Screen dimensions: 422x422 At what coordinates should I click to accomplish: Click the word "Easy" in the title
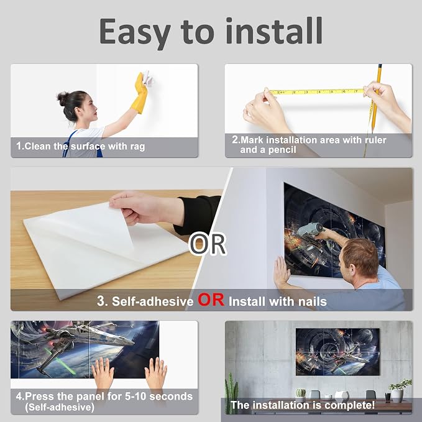tap(135, 32)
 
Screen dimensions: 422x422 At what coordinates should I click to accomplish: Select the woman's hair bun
tap(62, 98)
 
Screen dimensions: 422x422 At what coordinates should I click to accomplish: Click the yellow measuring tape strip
tap(316, 91)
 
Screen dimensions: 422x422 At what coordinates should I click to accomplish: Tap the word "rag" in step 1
tap(137, 147)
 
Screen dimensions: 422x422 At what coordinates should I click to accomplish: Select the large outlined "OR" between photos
tap(207, 244)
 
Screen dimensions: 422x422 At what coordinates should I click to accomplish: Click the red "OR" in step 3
tap(211, 300)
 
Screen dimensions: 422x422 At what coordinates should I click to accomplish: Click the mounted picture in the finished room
tap(337, 352)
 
